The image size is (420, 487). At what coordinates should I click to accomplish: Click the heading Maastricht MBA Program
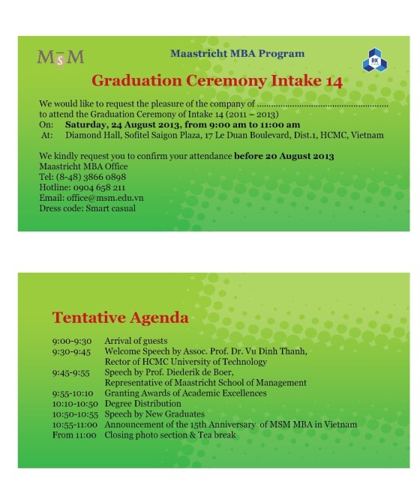pos(237,53)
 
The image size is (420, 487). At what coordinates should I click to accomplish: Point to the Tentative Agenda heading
pos(120,318)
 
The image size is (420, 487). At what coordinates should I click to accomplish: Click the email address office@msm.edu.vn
pos(102,197)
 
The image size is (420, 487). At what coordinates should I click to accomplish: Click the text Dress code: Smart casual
pos(87,208)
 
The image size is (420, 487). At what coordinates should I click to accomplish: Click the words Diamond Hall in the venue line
pos(92,135)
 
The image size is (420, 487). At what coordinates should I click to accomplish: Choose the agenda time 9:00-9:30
pos(71,341)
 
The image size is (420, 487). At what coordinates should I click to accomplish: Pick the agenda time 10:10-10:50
pos(73,403)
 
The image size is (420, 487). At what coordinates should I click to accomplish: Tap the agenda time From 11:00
pos(74,435)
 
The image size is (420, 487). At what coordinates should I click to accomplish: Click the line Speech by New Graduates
pos(154,414)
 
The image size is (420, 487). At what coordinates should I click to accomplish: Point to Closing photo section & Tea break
pos(170,435)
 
